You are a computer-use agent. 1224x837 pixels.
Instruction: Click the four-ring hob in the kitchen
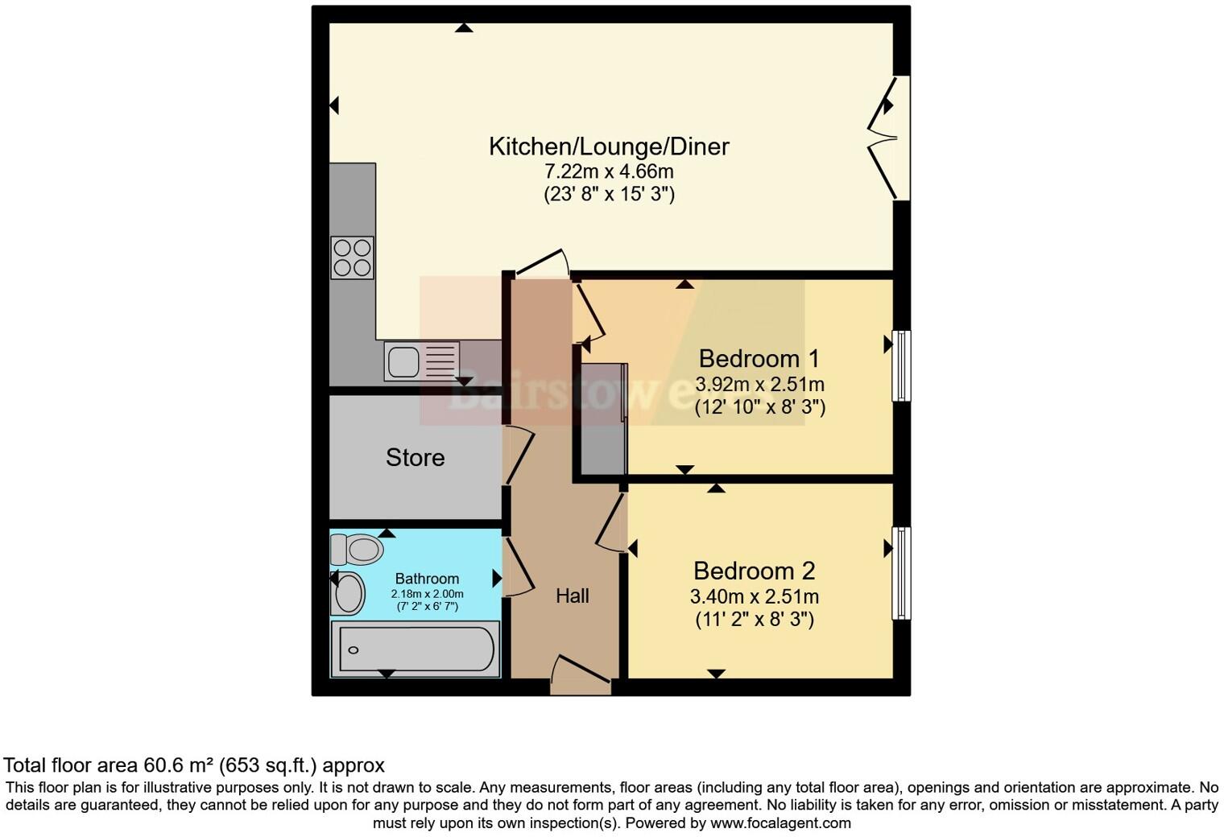[352, 258]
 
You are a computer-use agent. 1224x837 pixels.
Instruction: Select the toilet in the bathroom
[356, 550]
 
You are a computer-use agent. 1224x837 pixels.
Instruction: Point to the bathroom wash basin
[349, 594]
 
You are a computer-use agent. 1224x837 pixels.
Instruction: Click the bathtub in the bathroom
[416, 649]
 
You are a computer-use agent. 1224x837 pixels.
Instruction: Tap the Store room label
[415, 458]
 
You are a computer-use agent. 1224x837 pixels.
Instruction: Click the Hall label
[573, 596]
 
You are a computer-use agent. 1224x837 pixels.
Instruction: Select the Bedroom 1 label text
[759, 359]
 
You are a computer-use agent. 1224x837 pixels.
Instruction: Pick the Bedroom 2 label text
[754, 571]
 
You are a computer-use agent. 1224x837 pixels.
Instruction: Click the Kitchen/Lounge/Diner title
[609, 146]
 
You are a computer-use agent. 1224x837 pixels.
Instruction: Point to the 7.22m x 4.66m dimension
[609, 171]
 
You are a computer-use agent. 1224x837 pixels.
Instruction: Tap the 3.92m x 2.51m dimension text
[759, 385]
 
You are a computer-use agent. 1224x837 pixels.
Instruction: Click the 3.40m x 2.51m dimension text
[755, 597]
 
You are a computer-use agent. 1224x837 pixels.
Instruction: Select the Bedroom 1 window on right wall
[902, 365]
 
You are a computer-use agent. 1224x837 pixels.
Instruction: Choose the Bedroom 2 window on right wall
[902, 573]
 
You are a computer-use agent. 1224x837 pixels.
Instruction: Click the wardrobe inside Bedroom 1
[603, 418]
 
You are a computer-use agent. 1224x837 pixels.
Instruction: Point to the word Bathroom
[427, 579]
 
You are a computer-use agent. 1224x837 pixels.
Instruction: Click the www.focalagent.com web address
[780, 823]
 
